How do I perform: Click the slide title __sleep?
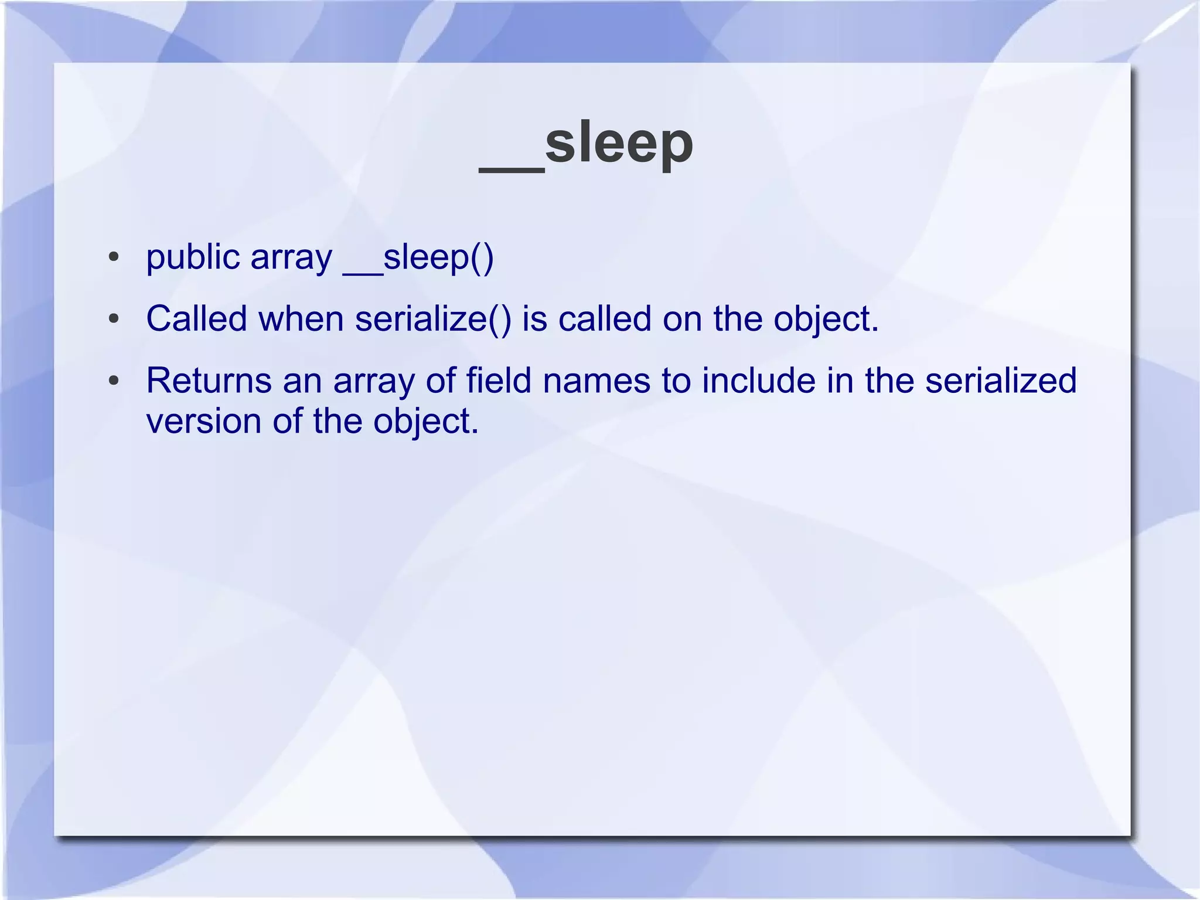586,144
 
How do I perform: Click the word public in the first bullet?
193,257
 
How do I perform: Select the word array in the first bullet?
291,257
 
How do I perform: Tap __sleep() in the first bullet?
418,257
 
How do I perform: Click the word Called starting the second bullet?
196,319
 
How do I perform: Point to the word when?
301,319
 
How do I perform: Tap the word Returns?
209,381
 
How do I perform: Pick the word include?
758,381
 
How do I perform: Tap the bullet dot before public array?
114,257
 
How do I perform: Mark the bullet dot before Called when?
114,320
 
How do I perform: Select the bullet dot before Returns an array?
114,381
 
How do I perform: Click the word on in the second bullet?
682,319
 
